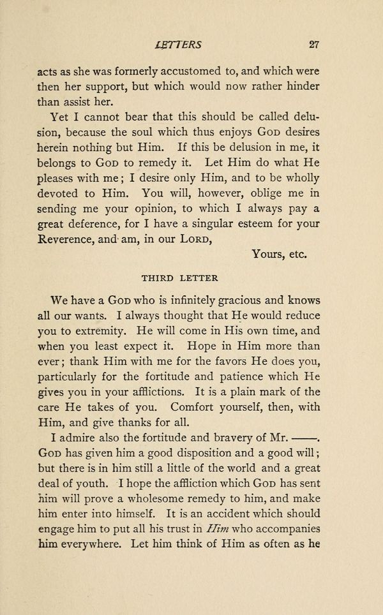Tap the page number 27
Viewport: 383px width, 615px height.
click(313, 45)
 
